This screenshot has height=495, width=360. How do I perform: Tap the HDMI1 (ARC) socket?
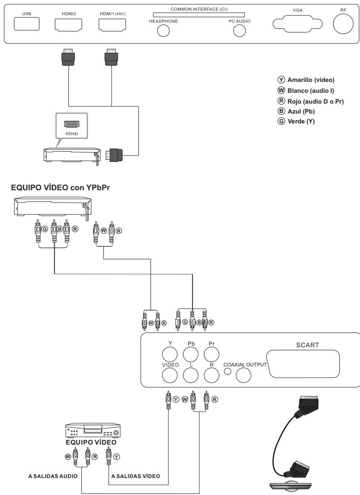point(111,25)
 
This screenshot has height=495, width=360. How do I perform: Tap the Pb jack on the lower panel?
point(191,354)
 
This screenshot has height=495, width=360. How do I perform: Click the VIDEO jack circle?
point(169,375)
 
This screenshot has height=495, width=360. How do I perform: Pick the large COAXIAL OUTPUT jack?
point(243,375)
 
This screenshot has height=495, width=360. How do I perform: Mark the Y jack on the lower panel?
point(169,354)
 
